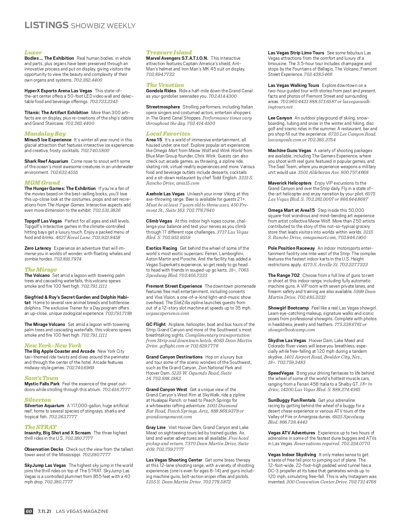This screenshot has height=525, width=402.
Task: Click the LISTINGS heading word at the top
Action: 46,25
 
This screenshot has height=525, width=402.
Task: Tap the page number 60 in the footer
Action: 29,511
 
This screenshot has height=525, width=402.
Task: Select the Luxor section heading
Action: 33,52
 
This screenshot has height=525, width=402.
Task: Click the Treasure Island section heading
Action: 169,52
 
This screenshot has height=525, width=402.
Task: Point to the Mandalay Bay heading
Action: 45,134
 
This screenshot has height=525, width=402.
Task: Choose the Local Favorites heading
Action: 168,134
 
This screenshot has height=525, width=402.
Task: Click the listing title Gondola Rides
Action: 161,91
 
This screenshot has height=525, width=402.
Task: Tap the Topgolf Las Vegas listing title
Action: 43,221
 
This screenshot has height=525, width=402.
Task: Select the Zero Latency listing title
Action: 38,248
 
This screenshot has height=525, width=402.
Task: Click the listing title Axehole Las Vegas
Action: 165,194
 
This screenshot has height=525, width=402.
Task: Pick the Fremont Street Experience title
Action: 174,286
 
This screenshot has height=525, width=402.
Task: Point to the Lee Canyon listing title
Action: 280,118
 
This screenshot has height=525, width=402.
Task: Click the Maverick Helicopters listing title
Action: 289,183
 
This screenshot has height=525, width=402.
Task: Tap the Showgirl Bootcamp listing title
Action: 288,308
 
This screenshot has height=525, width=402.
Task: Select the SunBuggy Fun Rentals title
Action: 291,400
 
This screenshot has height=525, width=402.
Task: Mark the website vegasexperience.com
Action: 167,313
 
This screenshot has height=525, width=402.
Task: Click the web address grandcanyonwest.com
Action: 169,417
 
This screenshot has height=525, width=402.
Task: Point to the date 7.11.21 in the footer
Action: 44,511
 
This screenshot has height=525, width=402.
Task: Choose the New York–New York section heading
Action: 53,345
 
